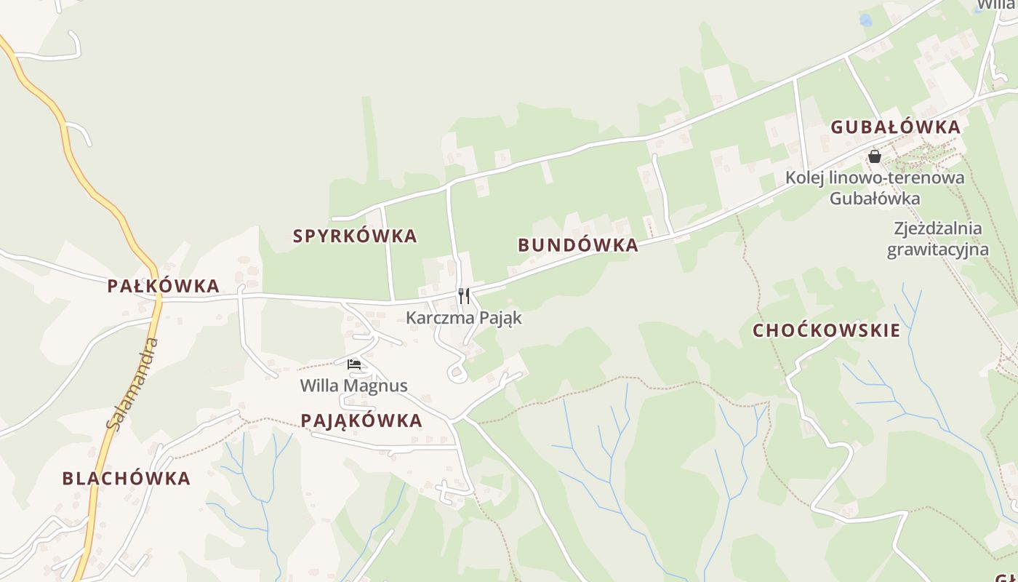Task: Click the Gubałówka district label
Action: [895, 127]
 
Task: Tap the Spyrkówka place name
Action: [355, 236]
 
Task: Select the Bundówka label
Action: [578, 245]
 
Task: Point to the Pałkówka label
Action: [163, 286]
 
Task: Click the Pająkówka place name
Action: [361, 420]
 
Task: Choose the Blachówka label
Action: [126, 478]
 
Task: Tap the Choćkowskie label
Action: [826, 330]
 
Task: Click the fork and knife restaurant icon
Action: [464, 296]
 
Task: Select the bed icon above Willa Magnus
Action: [354, 364]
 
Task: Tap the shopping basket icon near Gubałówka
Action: [874, 156]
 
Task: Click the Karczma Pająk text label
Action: [464, 318]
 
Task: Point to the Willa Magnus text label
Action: [354, 386]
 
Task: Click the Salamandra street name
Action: [132, 383]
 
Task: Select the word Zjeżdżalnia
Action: [938, 228]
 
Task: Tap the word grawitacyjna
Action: [937, 250]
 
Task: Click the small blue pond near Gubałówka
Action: [865, 20]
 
